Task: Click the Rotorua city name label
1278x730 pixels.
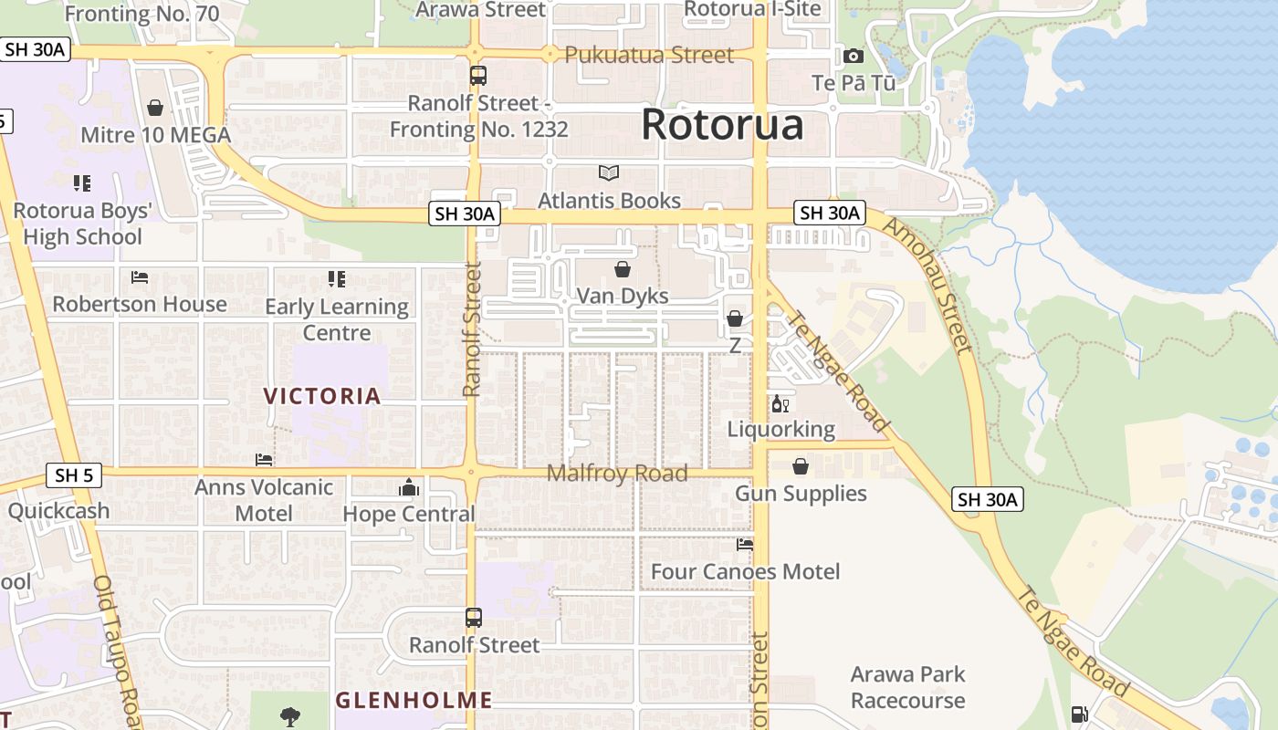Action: point(722,125)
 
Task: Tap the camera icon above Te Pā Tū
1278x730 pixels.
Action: point(854,57)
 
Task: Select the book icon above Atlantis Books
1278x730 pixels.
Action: point(609,172)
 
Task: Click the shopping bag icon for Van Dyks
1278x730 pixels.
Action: point(623,269)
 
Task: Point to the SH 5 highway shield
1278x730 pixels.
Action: point(73,475)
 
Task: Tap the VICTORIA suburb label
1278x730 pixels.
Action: point(322,396)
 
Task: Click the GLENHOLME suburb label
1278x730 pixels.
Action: point(414,701)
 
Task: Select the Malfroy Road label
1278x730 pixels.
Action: point(617,474)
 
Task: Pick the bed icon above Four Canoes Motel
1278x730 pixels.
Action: point(745,545)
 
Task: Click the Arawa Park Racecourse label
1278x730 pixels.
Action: point(907,687)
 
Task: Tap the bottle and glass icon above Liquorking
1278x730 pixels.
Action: point(780,403)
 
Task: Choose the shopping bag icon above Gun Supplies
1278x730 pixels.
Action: point(801,467)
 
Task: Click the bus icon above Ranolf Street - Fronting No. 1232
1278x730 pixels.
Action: point(478,77)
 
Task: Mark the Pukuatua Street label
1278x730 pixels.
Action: point(649,55)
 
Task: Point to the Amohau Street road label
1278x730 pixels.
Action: point(926,285)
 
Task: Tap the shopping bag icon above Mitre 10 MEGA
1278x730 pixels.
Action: point(155,109)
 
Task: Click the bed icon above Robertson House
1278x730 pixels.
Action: point(140,277)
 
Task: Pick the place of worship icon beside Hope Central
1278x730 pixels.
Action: point(409,488)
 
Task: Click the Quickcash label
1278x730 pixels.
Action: point(58,511)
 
